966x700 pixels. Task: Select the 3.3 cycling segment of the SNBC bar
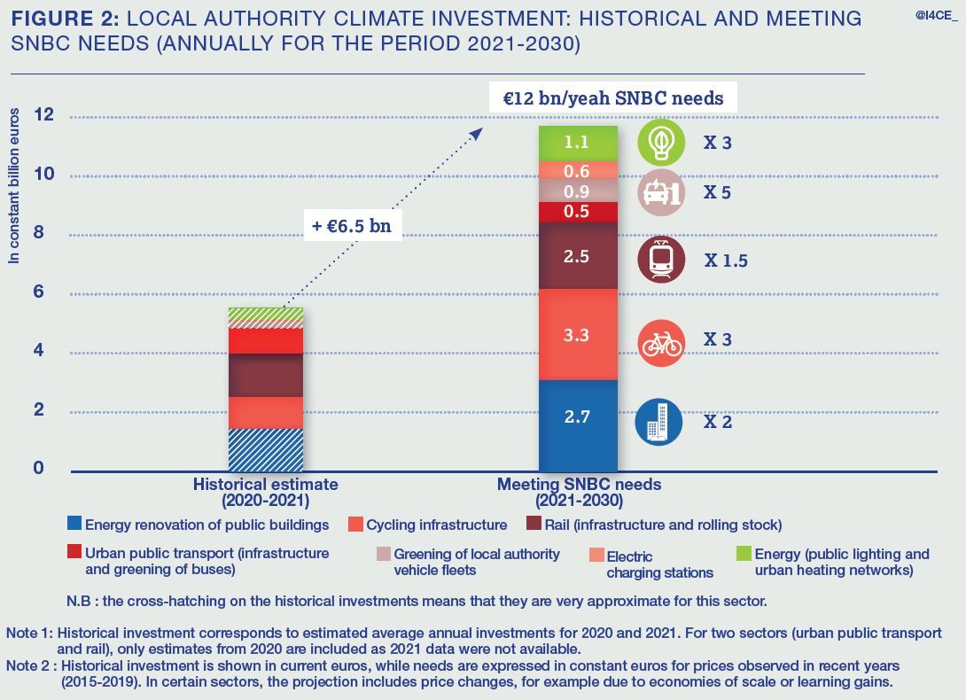pos(577,335)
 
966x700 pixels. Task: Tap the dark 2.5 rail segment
pos(577,256)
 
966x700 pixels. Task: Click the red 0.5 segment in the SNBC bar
pos(577,212)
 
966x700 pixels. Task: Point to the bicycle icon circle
pos(661,343)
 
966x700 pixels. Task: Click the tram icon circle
pos(661,260)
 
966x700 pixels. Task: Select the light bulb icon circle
pos(661,144)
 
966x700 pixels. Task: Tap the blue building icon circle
pos(658,422)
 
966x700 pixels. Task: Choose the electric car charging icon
pos(661,193)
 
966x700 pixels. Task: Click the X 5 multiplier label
pos(717,192)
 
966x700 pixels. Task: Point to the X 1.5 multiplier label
pos(725,261)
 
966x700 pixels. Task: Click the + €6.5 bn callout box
pos(351,226)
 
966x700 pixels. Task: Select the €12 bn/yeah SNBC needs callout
pos(612,97)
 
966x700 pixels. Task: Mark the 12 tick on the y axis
pos(43,115)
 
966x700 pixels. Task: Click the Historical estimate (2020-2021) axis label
pos(266,492)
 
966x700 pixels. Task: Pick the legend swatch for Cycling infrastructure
pos(355,525)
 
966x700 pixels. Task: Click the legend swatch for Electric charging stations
pos(596,556)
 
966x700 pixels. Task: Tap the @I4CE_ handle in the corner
pos(935,15)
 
